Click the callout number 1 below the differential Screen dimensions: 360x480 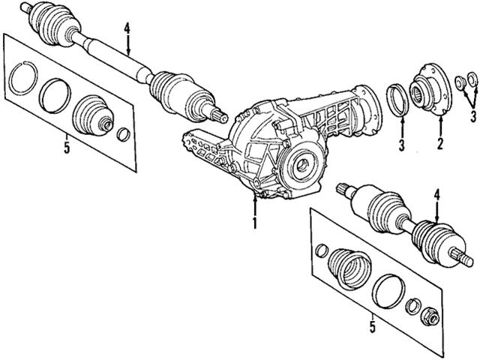pyautogui.click(x=255, y=223)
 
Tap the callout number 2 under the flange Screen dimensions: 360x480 pyautogui.click(x=439, y=142)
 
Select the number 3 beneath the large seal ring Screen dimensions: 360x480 pyautogui.click(x=402, y=142)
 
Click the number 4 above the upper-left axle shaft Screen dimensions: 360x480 pyautogui.click(x=128, y=30)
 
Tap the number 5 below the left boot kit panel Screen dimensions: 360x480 pyautogui.click(x=67, y=148)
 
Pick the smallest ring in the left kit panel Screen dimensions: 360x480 pyautogui.click(x=125, y=135)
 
